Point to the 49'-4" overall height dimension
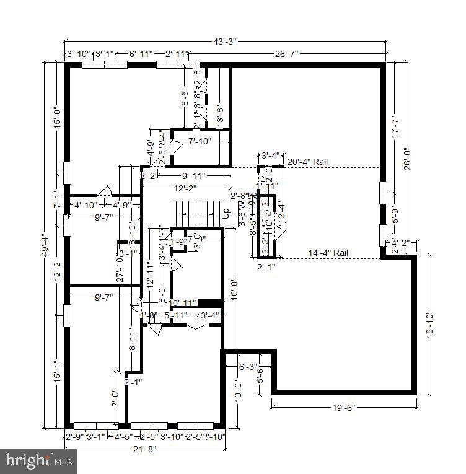(45, 245)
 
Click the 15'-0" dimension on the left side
(56, 117)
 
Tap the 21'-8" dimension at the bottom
(143, 449)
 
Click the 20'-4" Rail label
(308, 162)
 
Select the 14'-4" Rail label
(329, 253)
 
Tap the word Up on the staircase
(226, 216)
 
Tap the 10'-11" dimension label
(182, 302)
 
